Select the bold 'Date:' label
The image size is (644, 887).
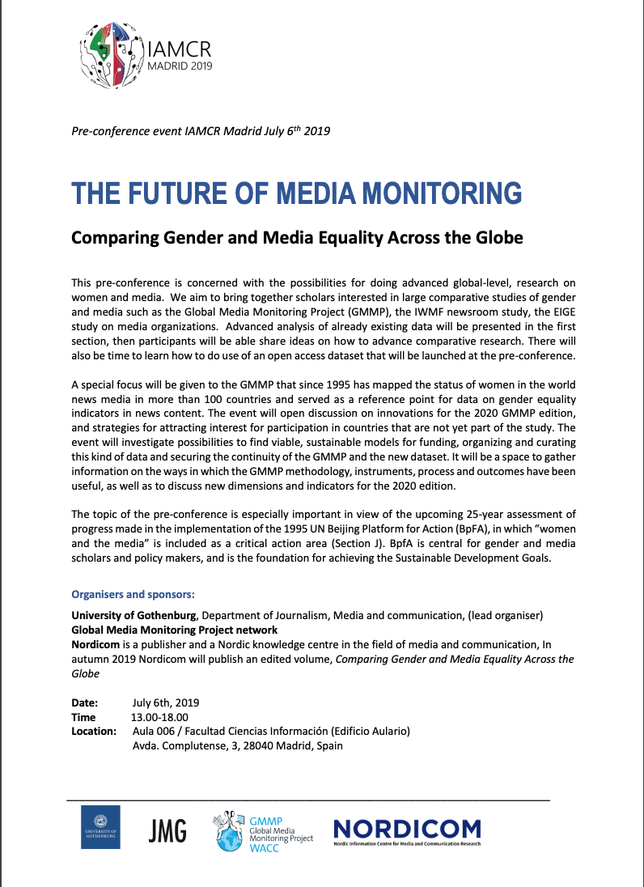pos(85,702)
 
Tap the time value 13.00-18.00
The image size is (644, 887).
pos(159,717)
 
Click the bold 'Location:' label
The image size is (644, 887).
pos(94,731)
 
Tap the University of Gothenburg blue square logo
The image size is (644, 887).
pos(100,827)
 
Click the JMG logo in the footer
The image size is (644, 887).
pos(167,830)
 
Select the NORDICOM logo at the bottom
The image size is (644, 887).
pos(407,829)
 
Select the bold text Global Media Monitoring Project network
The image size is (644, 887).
pos(175,630)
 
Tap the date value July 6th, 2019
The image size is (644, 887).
pos(165,702)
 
